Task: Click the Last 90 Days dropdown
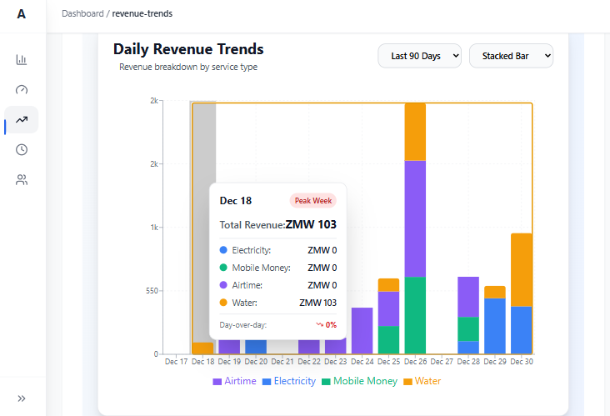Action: pos(419,56)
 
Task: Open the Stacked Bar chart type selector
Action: pos(511,56)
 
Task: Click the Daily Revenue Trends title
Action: pos(188,49)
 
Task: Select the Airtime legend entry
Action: pos(235,381)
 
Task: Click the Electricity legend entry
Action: pos(289,381)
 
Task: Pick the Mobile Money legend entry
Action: pos(359,381)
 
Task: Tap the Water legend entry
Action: pos(422,381)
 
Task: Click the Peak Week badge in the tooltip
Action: pos(313,201)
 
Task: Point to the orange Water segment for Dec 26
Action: pos(415,133)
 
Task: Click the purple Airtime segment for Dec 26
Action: pos(415,218)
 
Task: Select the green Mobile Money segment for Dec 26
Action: pos(415,315)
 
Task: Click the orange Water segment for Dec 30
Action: pos(522,270)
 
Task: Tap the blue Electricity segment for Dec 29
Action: pos(495,326)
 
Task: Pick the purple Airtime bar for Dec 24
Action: pos(362,331)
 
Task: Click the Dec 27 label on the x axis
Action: pos(442,362)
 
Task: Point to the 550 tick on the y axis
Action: pos(152,291)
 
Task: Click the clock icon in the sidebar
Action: pos(22,149)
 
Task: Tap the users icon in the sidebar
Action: pos(22,180)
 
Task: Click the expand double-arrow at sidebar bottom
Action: pos(22,398)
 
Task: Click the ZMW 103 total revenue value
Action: pos(311,224)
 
